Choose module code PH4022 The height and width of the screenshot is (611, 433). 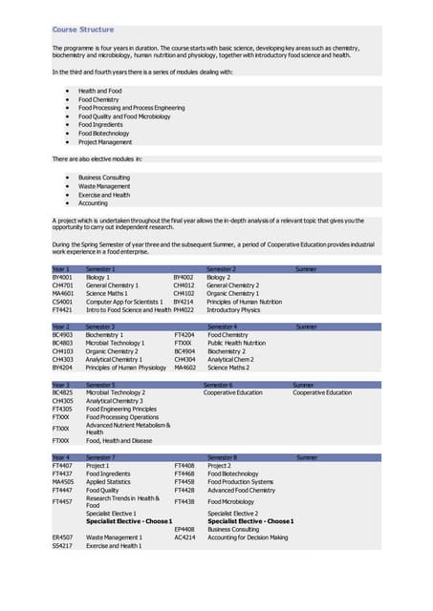(x=184, y=310)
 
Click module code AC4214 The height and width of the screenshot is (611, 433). (x=184, y=537)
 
